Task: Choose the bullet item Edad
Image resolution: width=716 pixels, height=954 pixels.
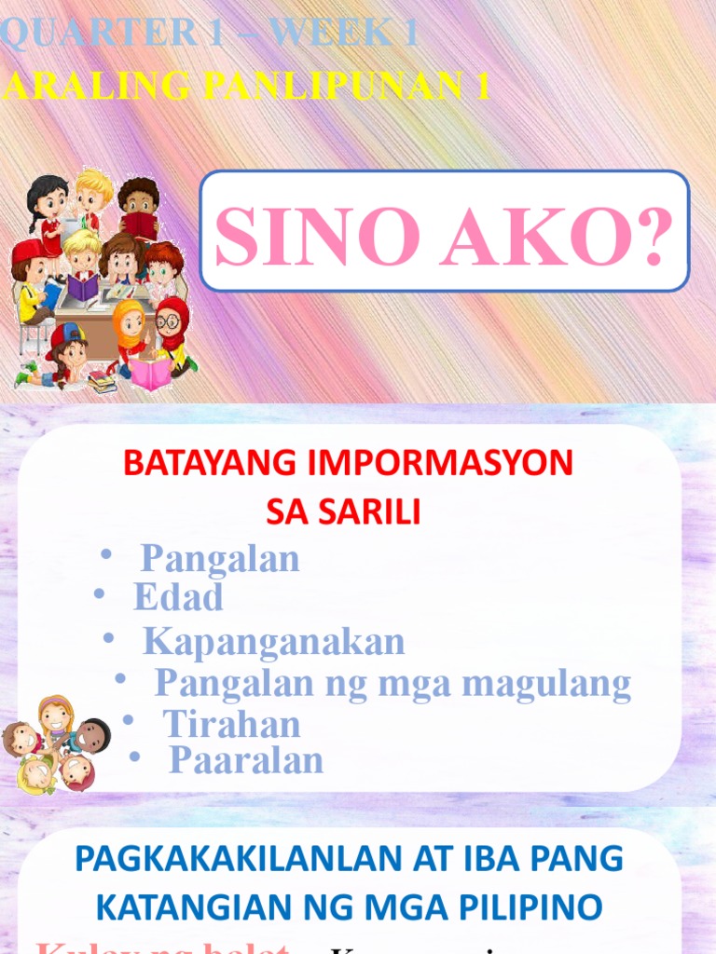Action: click(x=178, y=597)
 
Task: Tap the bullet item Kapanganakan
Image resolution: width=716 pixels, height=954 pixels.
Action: click(x=273, y=642)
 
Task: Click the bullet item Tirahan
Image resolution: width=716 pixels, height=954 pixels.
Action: click(x=231, y=724)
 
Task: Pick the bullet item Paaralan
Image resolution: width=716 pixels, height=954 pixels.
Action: click(x=245, y=760)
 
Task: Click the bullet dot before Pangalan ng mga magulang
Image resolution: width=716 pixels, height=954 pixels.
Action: click(x=119, y=680)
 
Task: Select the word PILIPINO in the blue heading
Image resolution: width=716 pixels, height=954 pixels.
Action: click(x=533, y=906)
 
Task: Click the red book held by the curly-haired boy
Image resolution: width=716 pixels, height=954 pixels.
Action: click(x=141, y=225)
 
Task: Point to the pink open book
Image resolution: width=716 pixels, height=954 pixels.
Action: click(x=149, y=374)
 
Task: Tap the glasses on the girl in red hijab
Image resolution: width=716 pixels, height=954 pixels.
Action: click(x=169, y=322)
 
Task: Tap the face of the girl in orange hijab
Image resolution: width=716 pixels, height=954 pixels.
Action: click(x=130, y=323)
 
